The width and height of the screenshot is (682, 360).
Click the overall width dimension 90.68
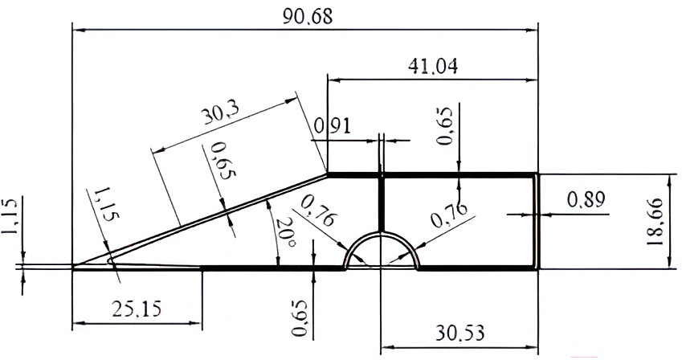click(x=308, y=17)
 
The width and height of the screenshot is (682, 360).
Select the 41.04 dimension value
click(x=433, y=67)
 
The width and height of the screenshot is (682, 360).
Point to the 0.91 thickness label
click(x=333, y=126)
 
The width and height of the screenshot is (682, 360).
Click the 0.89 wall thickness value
click(x=586, y=200)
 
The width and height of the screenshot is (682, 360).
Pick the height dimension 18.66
click(x=655, y=222)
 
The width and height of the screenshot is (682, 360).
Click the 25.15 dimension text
click(x=137, y=309)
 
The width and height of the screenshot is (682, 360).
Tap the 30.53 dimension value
click(x=459, y=333)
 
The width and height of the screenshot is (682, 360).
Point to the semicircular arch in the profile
click(x=382, y=234)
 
